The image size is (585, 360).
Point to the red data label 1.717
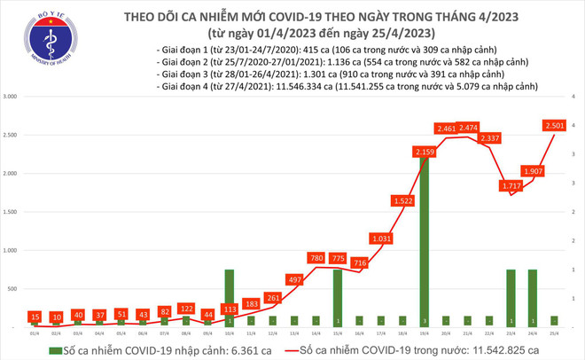[x=511, y=186]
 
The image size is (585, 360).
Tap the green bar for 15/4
[x=338, y=298]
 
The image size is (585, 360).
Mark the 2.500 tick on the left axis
[x=13, y=135]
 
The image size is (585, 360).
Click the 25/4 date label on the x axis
[x=555, y=333]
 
